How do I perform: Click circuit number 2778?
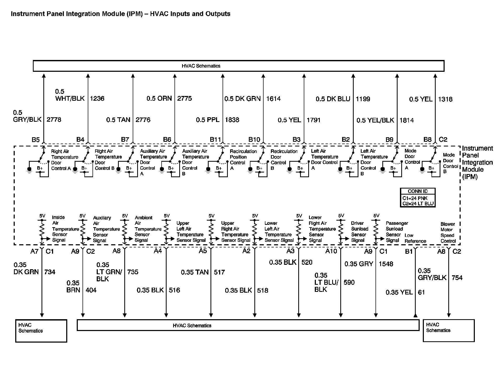tap(54, 120)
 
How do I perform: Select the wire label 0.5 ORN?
tap(159, 99)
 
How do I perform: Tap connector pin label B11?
tap(215, 140)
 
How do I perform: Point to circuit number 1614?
tap(273, 99)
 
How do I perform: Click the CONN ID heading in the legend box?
tap(418, 191)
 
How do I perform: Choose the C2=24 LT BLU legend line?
tap(418, 204)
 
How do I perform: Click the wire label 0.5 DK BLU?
tap(333, 99)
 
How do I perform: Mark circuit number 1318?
tap(445, 99)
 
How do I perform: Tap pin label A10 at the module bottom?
tap(331, 251)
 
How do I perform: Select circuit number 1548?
tap(386, 264)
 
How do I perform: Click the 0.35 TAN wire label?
tap(195, 272)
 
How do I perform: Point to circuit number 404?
tap(91, 290)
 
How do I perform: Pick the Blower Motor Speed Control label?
tap(448, 233)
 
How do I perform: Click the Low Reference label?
tap(415, 238)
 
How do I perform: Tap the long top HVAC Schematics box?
tap(238, 66)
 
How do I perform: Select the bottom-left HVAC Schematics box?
tap(41, 331)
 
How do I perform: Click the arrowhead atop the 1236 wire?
tap(88, 76)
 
